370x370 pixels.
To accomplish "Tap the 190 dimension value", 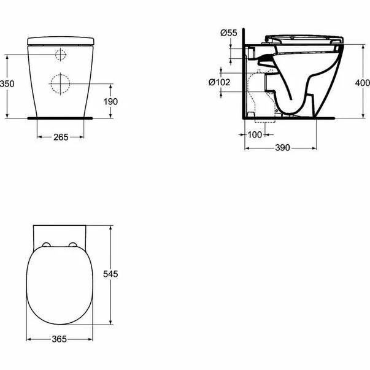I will (x=110, y=101).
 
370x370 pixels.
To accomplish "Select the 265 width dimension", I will (x=60, y=137).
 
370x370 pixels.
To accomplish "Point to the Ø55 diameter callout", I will (x=228, y=32).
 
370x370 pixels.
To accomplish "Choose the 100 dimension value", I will (x=254, y=134).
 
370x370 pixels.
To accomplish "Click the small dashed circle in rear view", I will (x=60, y=55).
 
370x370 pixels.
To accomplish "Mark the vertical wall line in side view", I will (x=244, y=74).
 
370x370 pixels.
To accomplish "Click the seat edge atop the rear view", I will (x=60, y=40).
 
